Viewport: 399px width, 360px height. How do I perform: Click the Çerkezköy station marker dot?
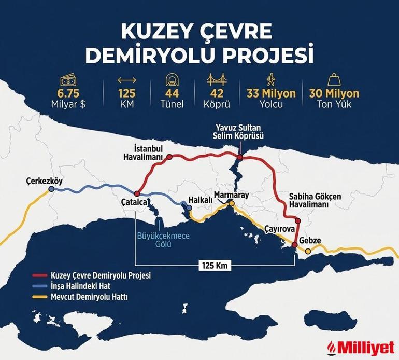[51, 190]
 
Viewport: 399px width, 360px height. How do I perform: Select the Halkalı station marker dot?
[190, 207]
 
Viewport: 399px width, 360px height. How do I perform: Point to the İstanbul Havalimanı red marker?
[168, 156]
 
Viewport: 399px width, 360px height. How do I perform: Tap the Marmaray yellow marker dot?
[232, 204]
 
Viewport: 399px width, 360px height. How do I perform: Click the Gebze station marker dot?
[308, 252]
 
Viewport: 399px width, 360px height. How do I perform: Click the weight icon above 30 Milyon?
[334, 80]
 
